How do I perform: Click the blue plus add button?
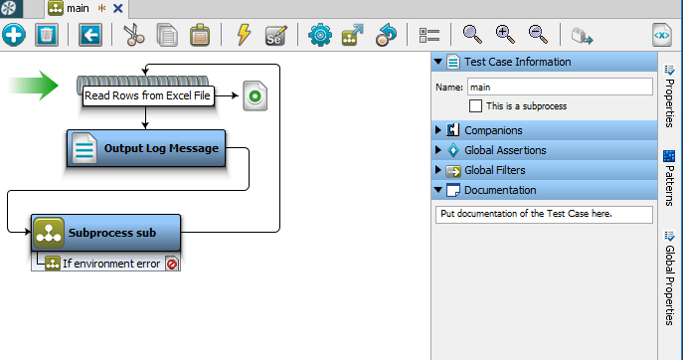14,35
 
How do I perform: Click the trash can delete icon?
46,35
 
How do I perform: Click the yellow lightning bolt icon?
244,35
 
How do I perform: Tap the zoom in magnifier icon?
505,35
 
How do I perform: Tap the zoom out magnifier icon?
538,35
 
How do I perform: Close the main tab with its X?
118,8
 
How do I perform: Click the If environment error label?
110,264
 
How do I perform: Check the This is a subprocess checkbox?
476,105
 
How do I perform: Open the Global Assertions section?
504,150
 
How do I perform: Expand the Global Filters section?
494,170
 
